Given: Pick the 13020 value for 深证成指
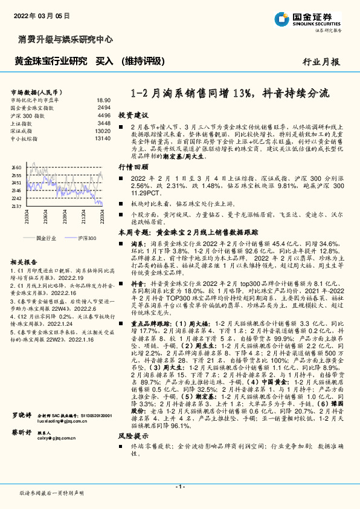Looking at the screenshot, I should point(102,131).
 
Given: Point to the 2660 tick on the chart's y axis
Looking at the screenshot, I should point(16,167).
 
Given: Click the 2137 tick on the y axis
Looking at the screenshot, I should point(16,206).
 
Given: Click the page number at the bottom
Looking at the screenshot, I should point(179,487).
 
